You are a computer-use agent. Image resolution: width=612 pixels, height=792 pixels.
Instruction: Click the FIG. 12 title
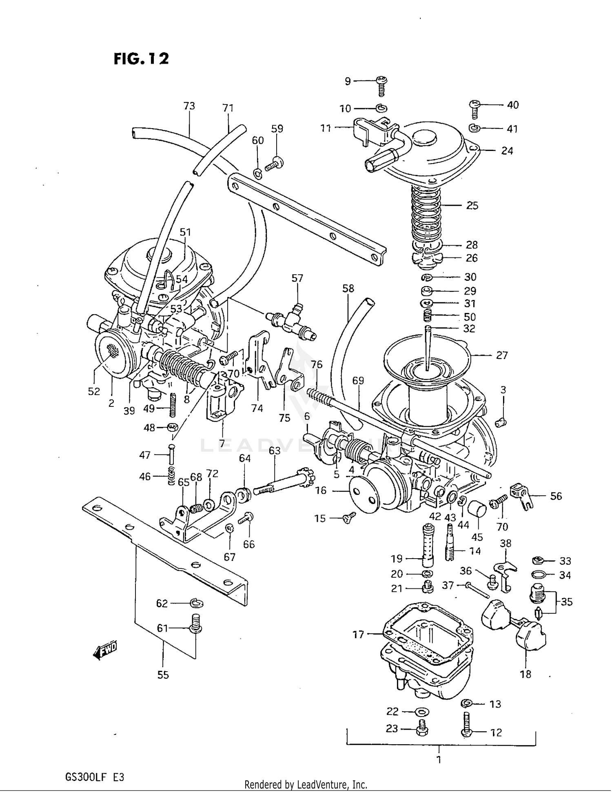click(x=141, y=59)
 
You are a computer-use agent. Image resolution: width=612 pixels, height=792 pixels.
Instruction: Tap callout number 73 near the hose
click(x=189, y=106)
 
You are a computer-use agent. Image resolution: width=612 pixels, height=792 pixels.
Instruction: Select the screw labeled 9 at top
click(x=381, y=85)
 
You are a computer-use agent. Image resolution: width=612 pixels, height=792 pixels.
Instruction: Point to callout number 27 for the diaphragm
click(x=501, y=355)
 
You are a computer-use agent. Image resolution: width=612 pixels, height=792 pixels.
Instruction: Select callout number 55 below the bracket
click(x=163, y=675)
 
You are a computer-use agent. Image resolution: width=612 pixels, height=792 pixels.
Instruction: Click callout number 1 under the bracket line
click(x=439, y=760)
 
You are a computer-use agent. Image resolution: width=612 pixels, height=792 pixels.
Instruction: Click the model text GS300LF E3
click(x=94, y=777)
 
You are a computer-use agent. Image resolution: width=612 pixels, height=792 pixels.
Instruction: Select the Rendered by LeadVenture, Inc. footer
click(x=306, y=784)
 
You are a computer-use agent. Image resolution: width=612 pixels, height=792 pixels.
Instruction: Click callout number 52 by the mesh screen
click(x=94, y=391)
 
